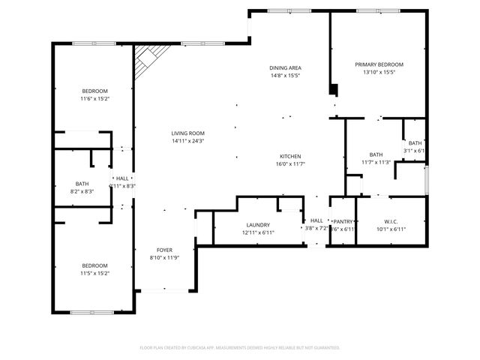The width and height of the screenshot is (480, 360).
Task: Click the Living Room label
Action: pyautogui.click(x=187, y=133)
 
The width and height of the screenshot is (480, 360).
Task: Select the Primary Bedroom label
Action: pyautogui.click(x=379, y=64)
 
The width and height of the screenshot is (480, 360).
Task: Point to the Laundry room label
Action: pyautogui.click(x=258, y=225)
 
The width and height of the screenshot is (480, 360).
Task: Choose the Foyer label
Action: pyautogui.click(x=164, y=250)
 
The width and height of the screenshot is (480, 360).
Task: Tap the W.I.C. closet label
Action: pyautogui.click(x=390, y=221)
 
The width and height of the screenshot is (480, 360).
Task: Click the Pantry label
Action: pyautogui.click(x=343, y=221)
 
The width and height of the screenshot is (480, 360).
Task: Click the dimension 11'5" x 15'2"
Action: pyautogui.click(x=95, y=273)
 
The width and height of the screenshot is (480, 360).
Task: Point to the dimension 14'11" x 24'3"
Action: pyautogui.click(x=187, y=141)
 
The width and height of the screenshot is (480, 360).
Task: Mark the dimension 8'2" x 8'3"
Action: pyautogui.click(x=82, y=191)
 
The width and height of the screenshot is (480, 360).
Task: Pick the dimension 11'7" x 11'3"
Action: pyautogui.click(x=376, y=162)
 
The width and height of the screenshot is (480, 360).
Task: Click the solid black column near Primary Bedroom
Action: pyautogui.click(x=334, y=90)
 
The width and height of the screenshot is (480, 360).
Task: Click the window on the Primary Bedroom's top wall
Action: pyautogui.click(x=376, y=10)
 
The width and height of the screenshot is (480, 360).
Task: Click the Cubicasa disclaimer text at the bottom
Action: pyautogui.click(x=240, y=348)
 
